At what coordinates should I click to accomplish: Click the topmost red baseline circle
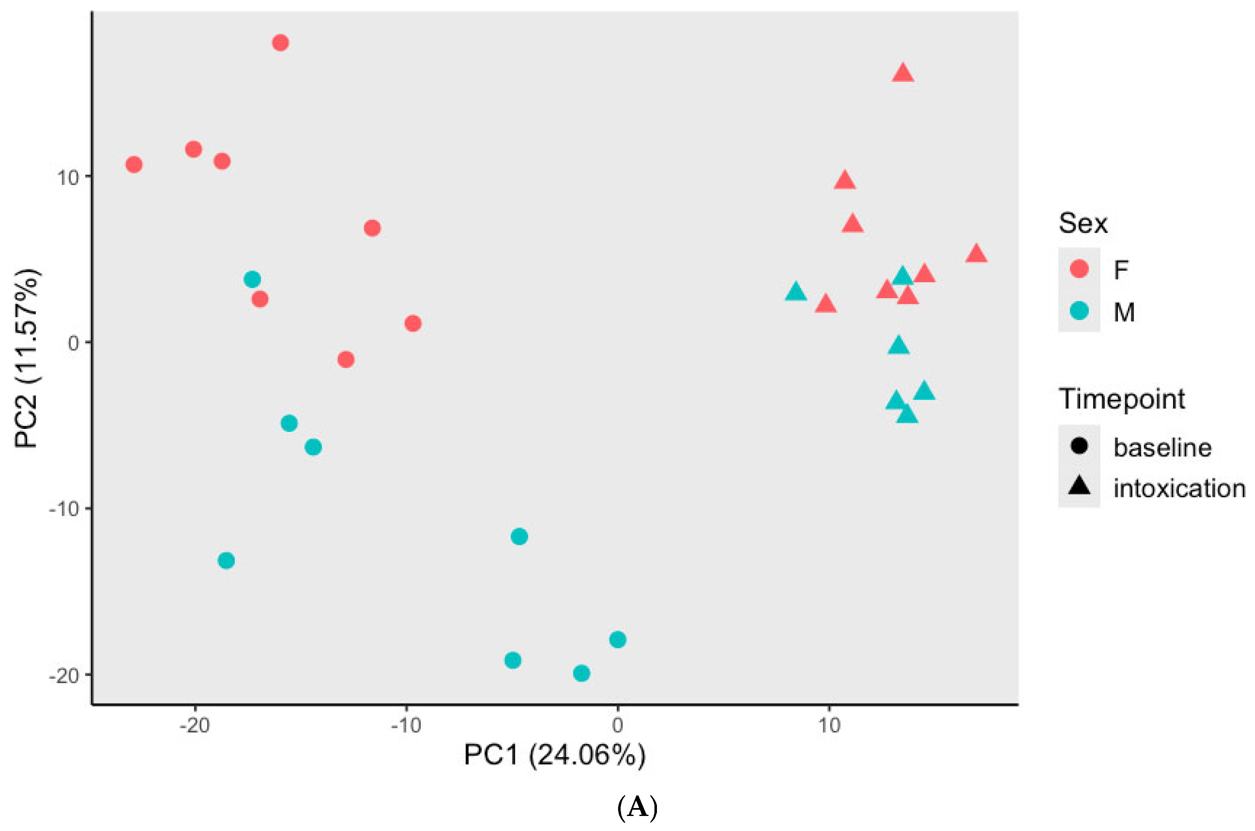pos(280,43)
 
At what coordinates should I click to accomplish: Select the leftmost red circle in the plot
pos(134,165)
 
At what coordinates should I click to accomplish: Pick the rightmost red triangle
pos(976,254)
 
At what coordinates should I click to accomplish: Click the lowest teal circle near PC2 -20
pos(581,674)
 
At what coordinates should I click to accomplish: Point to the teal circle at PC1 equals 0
pos(617,640)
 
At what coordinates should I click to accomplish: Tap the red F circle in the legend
pos(1079,269)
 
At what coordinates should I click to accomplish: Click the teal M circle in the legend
pos(1079,311)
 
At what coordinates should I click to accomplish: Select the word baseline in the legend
pos(1162,448)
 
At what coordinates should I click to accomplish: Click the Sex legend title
pos(1083,223)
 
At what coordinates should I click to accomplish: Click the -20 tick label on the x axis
pos(195,725)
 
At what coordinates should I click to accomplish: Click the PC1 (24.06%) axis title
pos(554,755)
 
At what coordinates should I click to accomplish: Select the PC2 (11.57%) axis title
pos(26,359)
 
